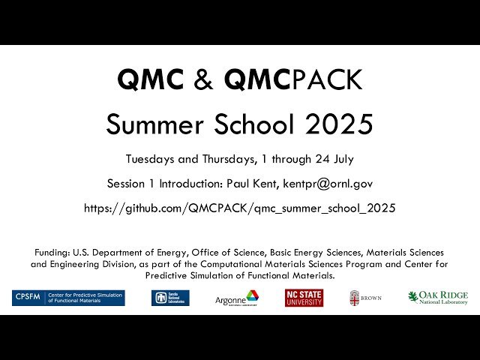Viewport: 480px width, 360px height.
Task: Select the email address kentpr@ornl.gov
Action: click(330, 184)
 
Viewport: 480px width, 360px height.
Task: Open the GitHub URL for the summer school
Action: click(240, 208)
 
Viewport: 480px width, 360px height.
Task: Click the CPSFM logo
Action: click(68, 298)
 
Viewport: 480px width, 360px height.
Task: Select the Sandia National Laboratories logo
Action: click(170, 298)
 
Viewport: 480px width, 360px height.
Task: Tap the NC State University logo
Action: click(304, 298)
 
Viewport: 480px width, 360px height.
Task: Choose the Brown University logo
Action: click(365, 298)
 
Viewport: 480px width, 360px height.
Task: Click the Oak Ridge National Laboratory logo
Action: click(438, 298)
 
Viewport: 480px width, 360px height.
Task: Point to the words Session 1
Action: click(130, 184)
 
